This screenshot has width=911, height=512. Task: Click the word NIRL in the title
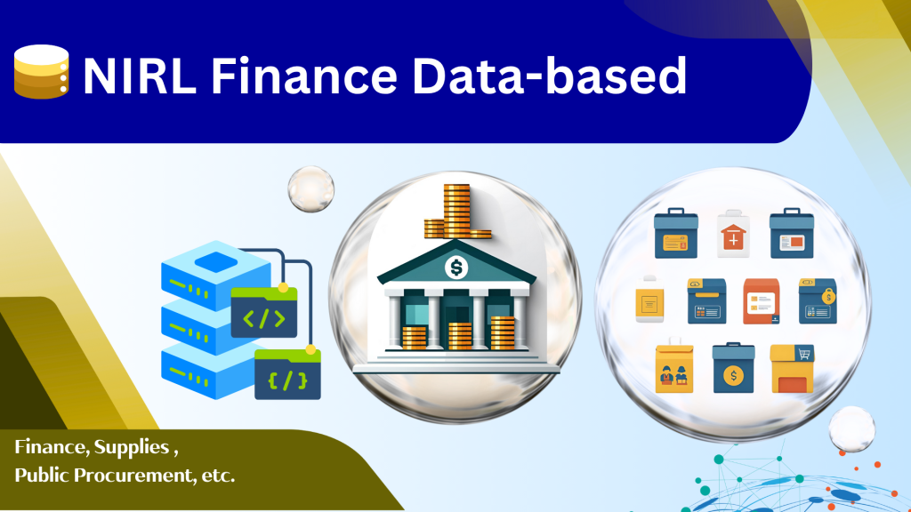point(140,76)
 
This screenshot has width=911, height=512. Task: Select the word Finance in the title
point(304,76)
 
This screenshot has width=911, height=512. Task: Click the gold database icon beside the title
point(42,72)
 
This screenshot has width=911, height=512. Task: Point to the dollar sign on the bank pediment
point(456,268)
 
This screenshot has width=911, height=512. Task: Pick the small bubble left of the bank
point(310,188)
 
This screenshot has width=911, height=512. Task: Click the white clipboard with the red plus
point(733,234)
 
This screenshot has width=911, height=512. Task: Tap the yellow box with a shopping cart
point(792,369)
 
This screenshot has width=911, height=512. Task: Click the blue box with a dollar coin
point(733,368)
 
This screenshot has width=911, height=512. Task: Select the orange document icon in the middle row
point(762,301)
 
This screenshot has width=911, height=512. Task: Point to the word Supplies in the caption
point(132,447)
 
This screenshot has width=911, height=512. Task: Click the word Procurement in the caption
point(135,476)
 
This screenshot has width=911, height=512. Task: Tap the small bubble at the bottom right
point(851,429)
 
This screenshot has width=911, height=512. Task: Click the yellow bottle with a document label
point(649,300)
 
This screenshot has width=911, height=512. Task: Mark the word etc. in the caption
point(219,476)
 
